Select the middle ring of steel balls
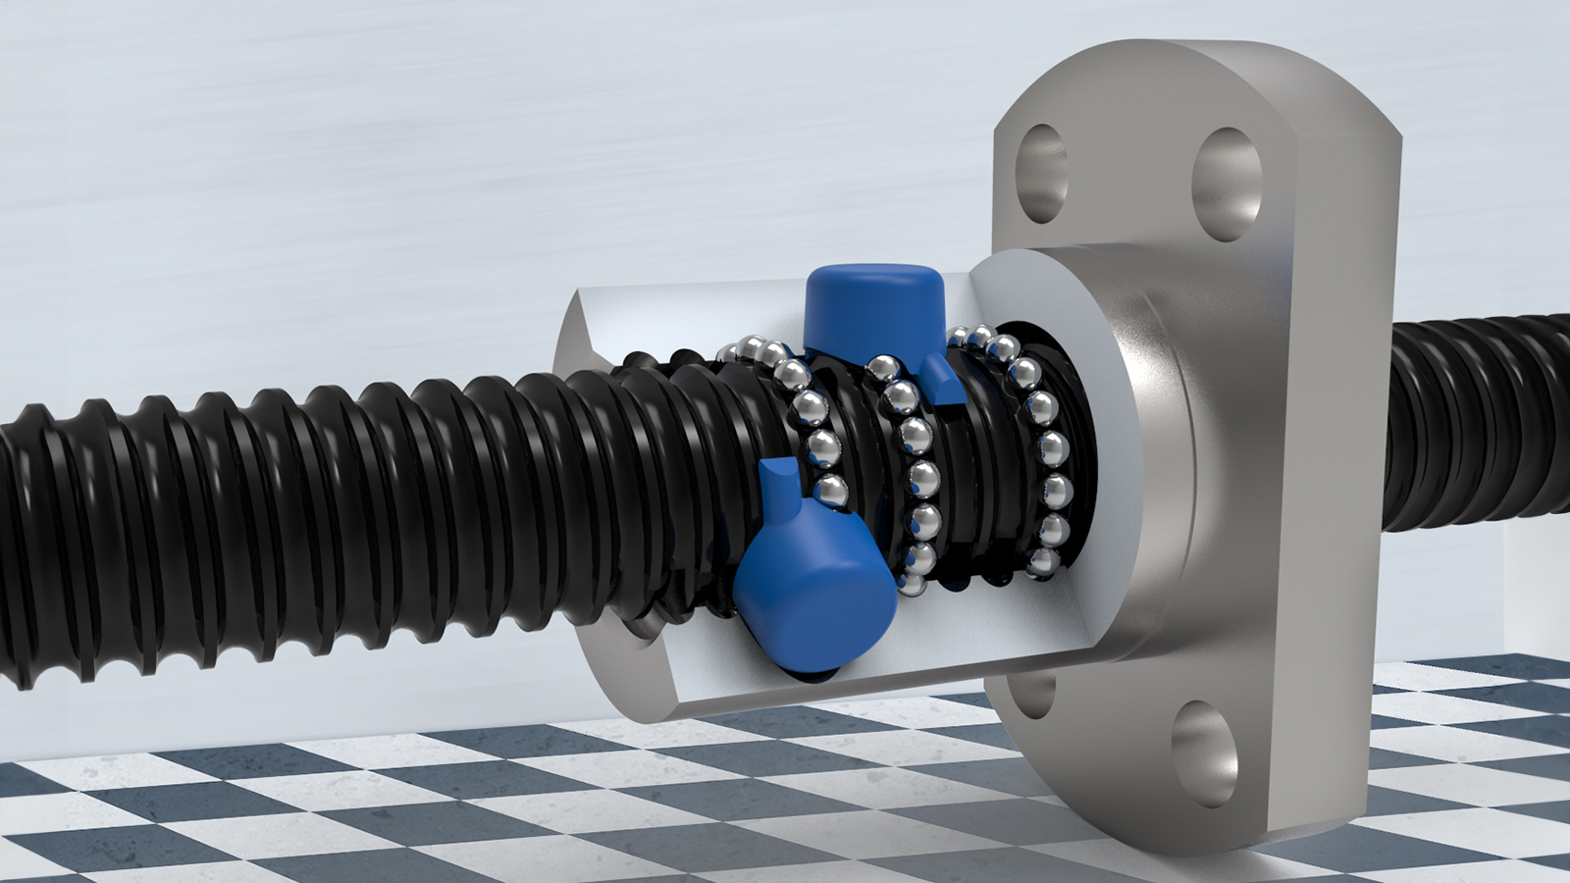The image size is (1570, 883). (x=913, y=461)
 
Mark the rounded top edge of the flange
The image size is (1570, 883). (x=1197, y=54)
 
